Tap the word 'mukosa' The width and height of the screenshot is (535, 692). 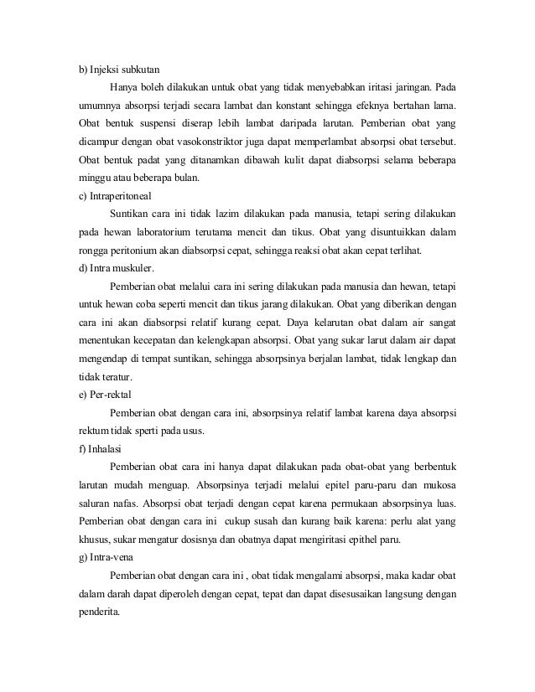[x=440, y=485]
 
